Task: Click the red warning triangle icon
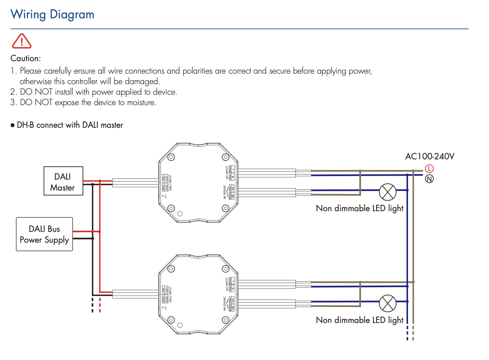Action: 22,41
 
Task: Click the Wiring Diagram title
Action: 52,14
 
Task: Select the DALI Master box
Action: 63,181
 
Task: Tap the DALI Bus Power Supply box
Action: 44,234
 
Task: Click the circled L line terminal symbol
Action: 429,169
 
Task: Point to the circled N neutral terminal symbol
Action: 429,179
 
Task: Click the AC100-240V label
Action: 430,157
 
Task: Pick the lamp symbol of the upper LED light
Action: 387,192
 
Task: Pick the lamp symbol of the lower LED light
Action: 387,304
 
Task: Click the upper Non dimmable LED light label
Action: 360,208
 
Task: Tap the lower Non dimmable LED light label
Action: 360,320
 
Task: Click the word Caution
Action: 26,58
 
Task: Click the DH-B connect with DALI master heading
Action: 70,125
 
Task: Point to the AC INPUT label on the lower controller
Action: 227,284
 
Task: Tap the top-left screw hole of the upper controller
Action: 171,157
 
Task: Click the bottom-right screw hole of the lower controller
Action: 225,320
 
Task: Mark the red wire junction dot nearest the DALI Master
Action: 100,181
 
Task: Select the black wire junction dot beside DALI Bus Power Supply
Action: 92,238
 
